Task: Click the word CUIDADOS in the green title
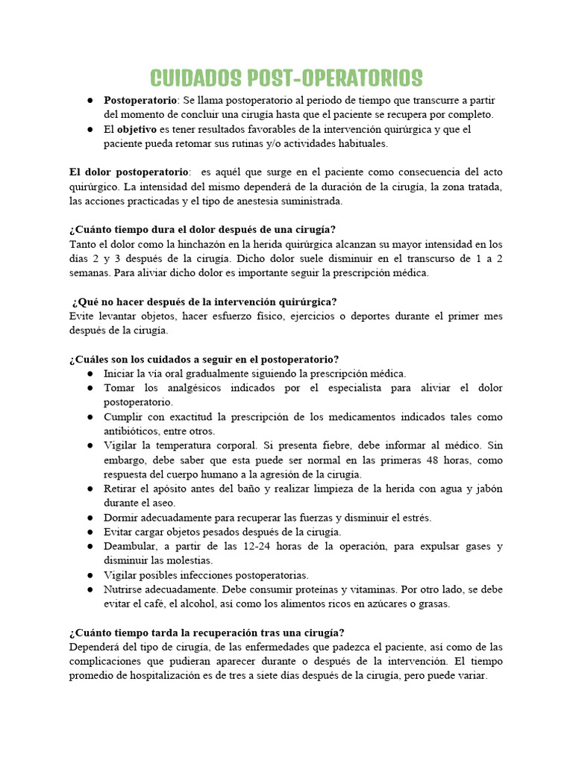tap(195, 78)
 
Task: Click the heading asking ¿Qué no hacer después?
tap(204, 301)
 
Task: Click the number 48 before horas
tap(433, 460)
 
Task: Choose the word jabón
tap(486, 489)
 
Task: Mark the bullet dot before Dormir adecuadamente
tap(90, 517)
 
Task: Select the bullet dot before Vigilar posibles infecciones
tap(90, 574)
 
